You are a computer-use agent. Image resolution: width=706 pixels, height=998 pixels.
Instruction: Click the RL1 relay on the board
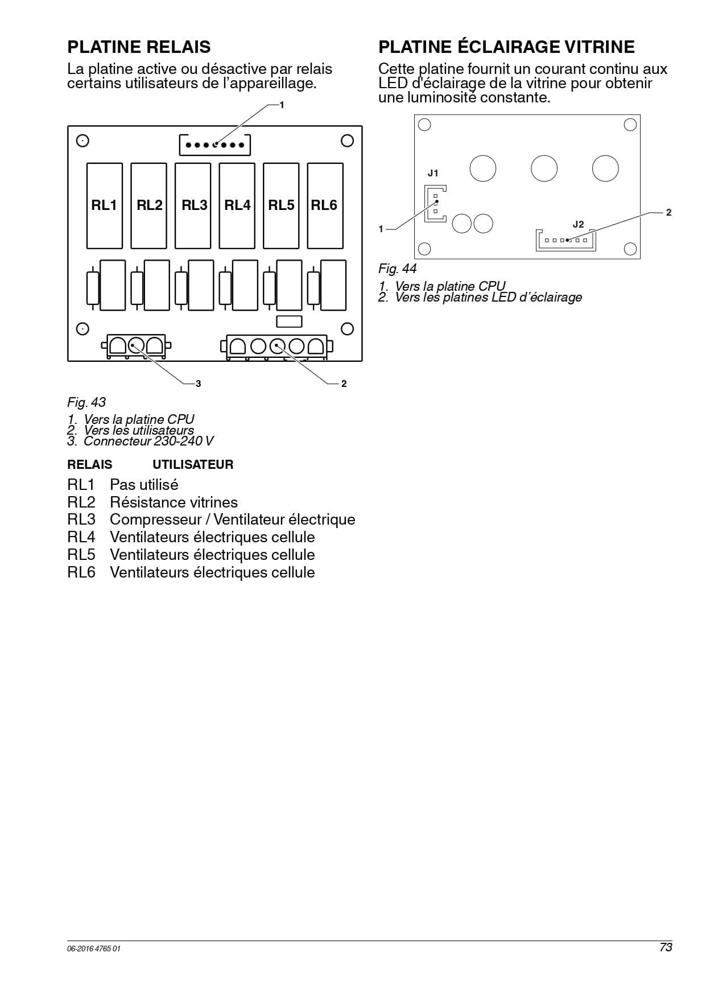(104, 206)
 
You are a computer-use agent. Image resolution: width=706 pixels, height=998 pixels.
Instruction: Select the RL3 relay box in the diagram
(193, 206)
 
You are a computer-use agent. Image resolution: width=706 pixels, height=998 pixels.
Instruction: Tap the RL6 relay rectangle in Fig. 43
(325, 206)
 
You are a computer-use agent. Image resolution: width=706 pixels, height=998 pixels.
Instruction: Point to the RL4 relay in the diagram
(237, 206)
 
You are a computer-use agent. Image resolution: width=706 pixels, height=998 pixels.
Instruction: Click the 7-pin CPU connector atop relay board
(215, 145)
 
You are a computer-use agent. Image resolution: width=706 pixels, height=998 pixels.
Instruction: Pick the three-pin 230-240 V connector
(136, 346)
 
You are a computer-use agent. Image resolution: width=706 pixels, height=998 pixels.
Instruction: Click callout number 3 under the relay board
(199, 384)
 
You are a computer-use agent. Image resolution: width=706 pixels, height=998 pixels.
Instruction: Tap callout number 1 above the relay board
(282, 105)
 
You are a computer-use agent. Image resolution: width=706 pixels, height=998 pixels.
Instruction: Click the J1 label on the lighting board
(433, 173)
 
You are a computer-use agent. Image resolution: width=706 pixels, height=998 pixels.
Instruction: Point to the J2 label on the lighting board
(578, 224)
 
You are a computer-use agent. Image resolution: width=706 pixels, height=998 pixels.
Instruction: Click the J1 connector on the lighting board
(435, 204)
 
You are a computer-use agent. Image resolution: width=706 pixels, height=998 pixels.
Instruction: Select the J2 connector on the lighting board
(566, 240)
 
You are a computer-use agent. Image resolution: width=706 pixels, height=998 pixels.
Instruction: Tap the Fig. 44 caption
(398, 269)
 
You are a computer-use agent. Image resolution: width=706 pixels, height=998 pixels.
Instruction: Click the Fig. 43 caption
(86, 402)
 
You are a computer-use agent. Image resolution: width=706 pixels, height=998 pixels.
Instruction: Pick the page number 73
(666, 947)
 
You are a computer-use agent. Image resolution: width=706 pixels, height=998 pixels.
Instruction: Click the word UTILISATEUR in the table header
(193, 465)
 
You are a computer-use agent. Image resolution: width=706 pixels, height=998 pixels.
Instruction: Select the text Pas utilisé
(144, 485)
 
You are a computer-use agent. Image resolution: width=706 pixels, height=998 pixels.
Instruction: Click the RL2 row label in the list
(81, 502)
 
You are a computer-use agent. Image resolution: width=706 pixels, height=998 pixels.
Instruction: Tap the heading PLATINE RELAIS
(139, 47)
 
